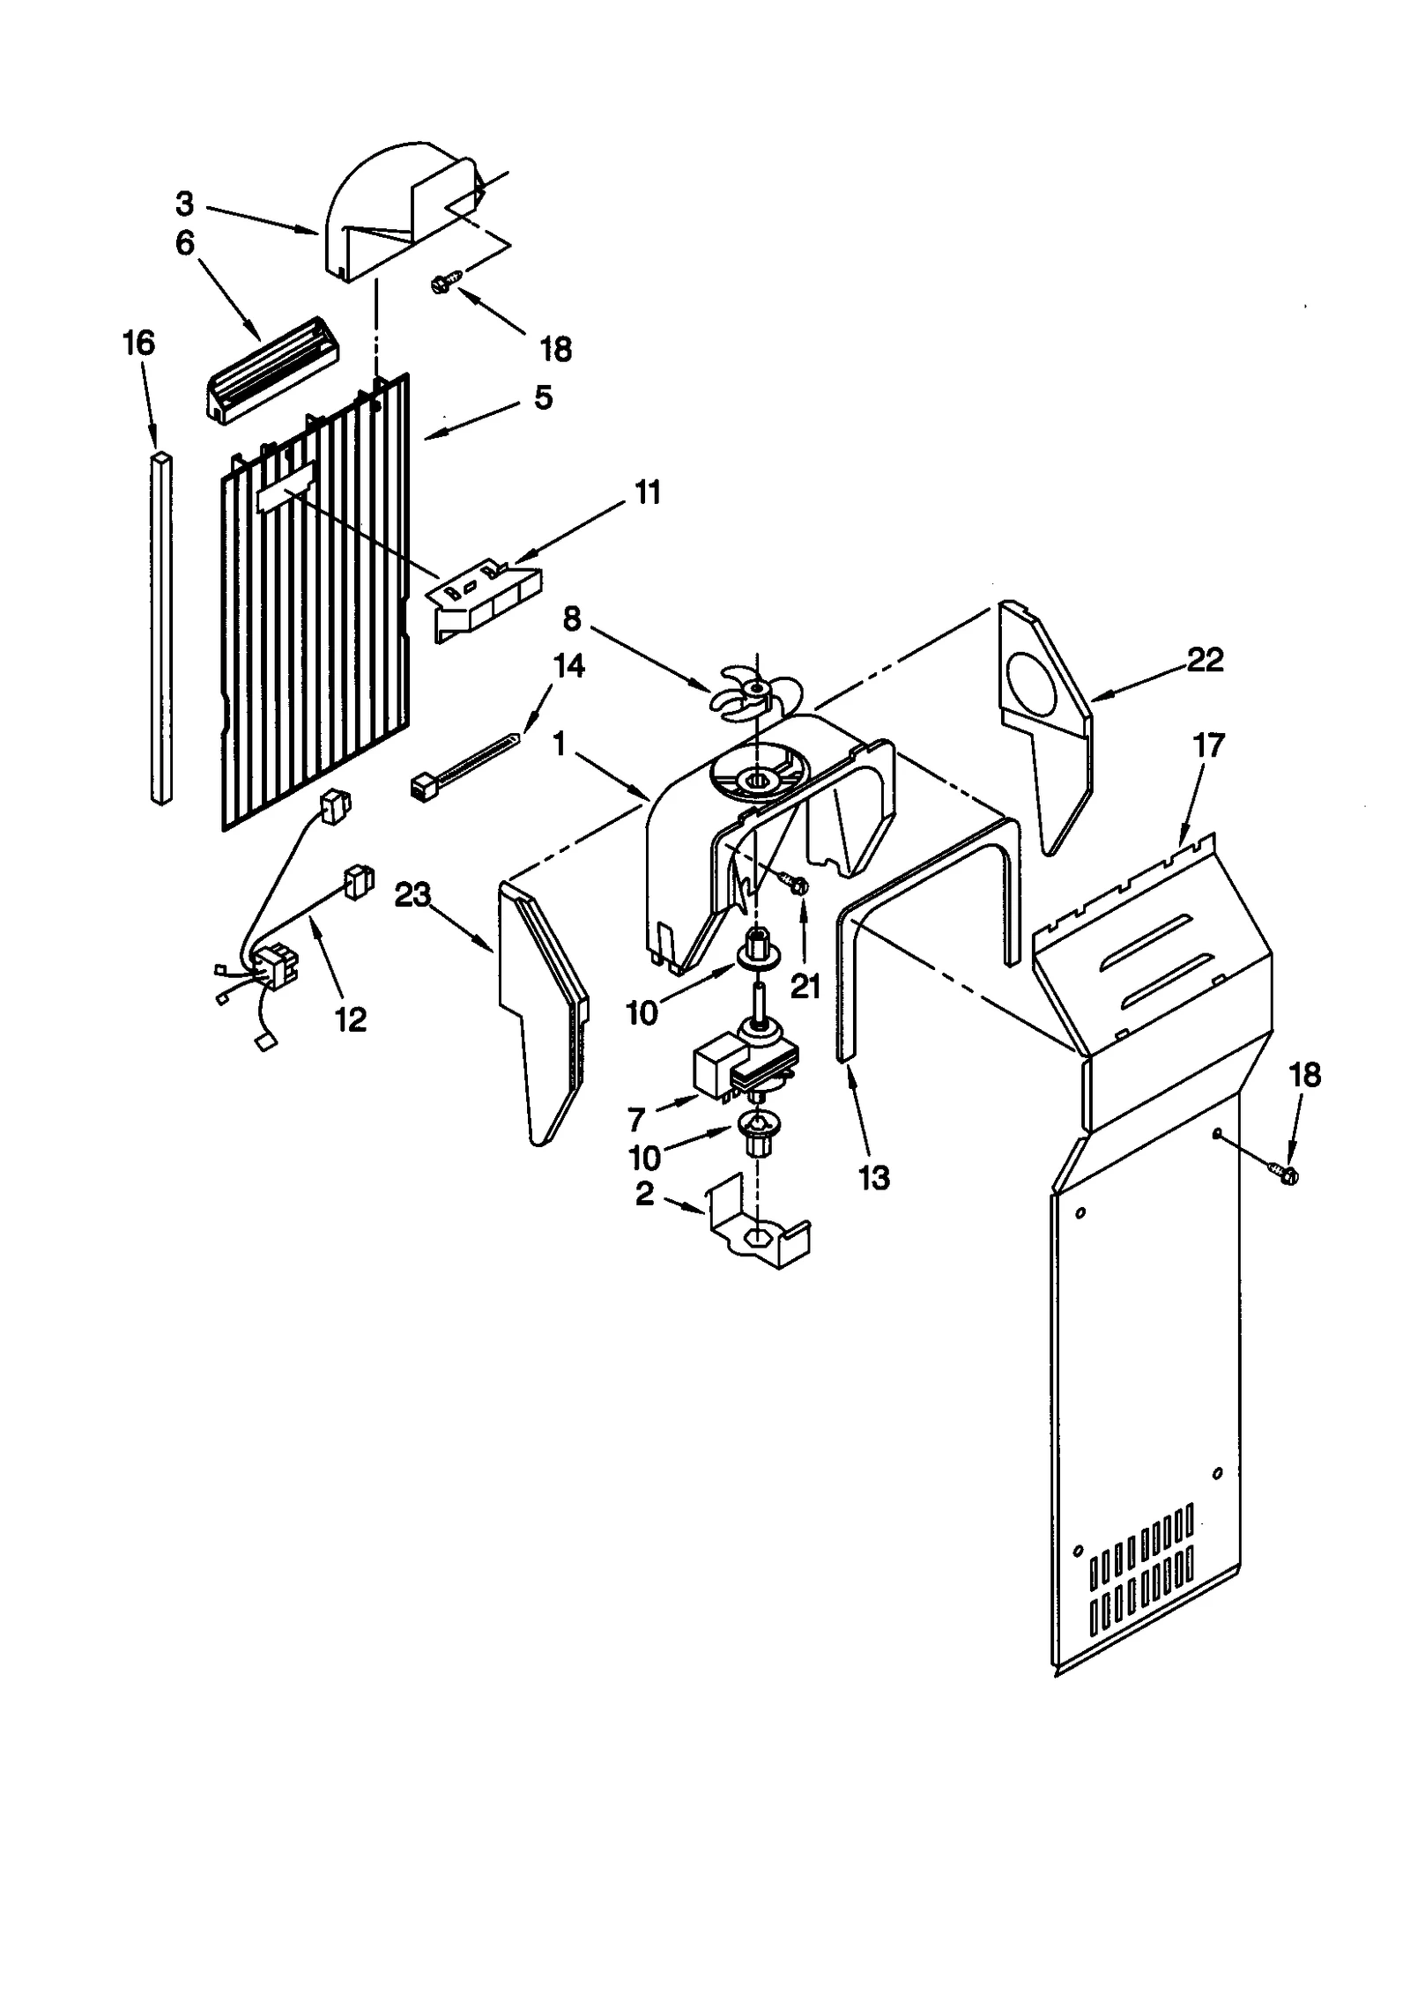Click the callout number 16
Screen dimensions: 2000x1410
coord(138,343)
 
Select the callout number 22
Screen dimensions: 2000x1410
coord(1205,660)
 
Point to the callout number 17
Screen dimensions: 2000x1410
coord(1209,745)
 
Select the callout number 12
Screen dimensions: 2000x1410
coord(351,1019)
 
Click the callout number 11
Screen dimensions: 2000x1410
coord(648,493)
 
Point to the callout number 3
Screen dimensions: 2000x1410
coord(184,204)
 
